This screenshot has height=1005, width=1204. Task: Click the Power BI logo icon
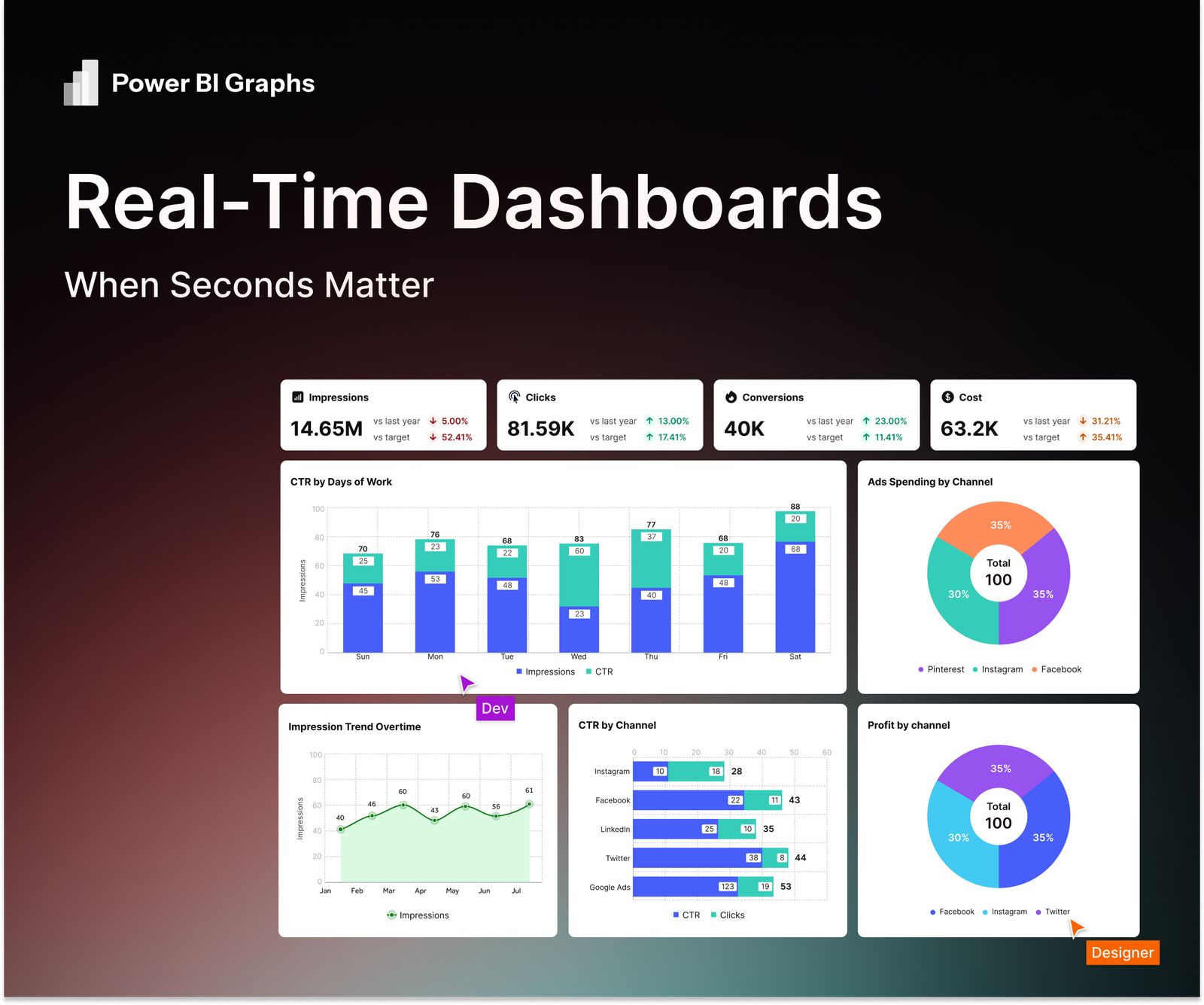pyautogui.click(x=81, y=83)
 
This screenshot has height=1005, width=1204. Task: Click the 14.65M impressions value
pyautogui.click(x=327, y=429)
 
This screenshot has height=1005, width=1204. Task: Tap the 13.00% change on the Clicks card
pyautogui.click(x=673, y=422)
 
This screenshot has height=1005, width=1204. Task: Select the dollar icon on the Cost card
pyautogui.click(x=948, y=397)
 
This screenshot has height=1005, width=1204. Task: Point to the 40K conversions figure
pyautogui.click(x=744, y=429)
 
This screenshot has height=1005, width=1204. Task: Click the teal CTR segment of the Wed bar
pyautogui.click(x=579, y=575)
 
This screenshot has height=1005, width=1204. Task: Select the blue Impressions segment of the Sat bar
pyautogui.click(x=795, y=597)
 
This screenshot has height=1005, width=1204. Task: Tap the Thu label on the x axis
pyautogui.click(x=651, y=657)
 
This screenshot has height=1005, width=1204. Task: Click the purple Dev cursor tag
pyautogui.click(x=495, y=708)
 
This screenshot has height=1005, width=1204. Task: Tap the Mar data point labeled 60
pyautogui.click(x=403, y=806)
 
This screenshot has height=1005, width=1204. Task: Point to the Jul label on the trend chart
pyautogui.click(x=516, y=891)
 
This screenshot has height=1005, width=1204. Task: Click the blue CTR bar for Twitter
pyautogui.click(x=698, y=858)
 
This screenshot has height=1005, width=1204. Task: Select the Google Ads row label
pyautogui.click(x=610, y=888)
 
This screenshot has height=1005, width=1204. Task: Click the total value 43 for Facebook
pyautogui.click(x=794, y=800)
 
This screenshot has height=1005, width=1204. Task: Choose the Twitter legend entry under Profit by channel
pyautogui.click(x=1053, y=912)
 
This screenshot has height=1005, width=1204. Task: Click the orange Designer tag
pyautogui.click(x=1123, y=953)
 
